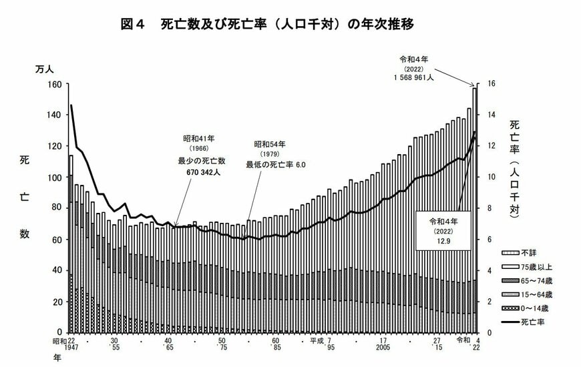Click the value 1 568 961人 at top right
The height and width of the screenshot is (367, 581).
click(x=414, y=77)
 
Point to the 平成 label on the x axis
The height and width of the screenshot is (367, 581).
click(x=318, y=340)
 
